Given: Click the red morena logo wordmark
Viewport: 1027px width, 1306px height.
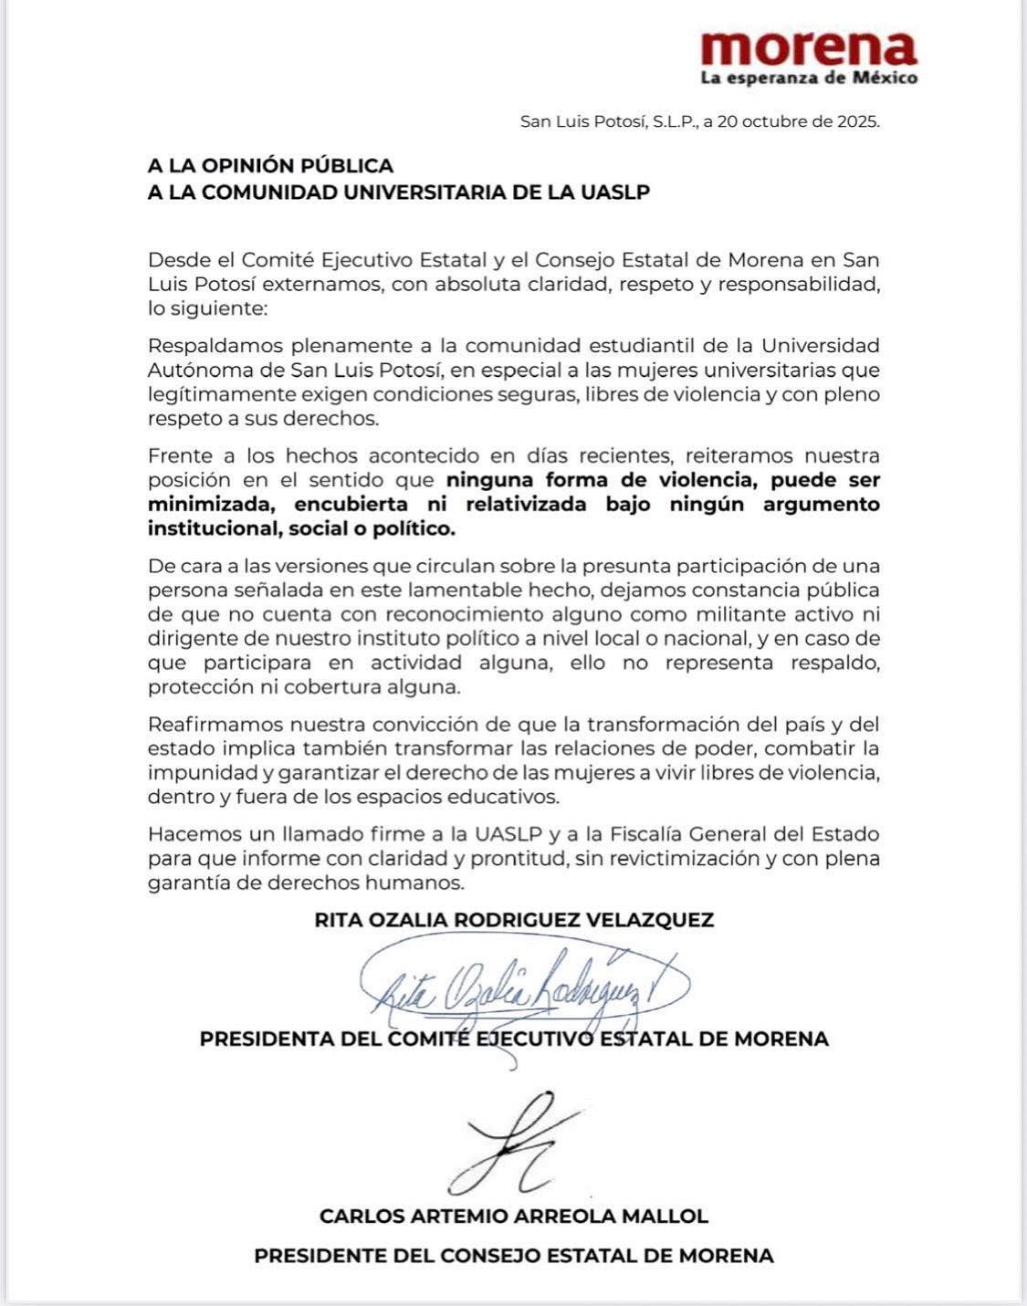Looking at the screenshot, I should pyautogui.click(x=809, y=47).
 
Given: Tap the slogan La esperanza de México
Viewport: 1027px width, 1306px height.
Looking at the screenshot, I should pyautogui.click(x=809, y=78).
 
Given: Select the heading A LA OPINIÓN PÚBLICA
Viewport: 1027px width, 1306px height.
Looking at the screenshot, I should pyautogui.click(x=270, y=166).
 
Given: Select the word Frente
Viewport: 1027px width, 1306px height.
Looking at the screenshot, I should pyautogui.click(x=179, y=455).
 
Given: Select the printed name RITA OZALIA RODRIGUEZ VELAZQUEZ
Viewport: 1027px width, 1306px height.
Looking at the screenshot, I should pyautogui.click(x=513, y=920).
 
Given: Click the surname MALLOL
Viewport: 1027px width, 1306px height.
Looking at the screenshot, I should pyautogui.click(x=672, y=1217).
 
